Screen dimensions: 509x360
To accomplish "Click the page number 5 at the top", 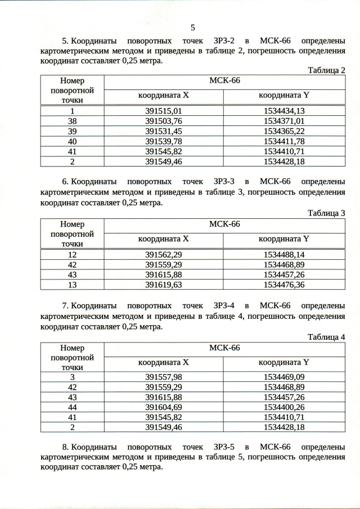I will coord(193,27).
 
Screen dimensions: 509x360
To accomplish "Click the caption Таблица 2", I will coord(326,70).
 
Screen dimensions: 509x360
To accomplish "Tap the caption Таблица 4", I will coord(326,337).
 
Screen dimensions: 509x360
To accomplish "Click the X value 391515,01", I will coord(164,111).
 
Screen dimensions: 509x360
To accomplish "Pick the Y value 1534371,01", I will coord(284,121).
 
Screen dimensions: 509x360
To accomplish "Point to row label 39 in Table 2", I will coord(72,131).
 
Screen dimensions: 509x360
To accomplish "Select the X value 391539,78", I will coord(164,141).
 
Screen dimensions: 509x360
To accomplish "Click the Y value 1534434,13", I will coord(284,111).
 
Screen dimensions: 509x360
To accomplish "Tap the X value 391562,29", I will coord(164,254).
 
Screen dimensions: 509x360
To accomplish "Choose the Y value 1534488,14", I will coord(284,254).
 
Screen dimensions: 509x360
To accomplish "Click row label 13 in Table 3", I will coord(72,285).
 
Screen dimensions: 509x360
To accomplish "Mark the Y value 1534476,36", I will coord(284,285).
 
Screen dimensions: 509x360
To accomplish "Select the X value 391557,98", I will coord(164,377).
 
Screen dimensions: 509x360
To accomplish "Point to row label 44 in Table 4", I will coord(72,407).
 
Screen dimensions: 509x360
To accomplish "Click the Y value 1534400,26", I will coord(284,407).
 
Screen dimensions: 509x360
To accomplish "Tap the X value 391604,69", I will coord(164,407).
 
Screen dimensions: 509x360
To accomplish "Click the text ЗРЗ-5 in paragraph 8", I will coord(224,447).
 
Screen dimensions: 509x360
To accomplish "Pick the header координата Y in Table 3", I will coord(284,239).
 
